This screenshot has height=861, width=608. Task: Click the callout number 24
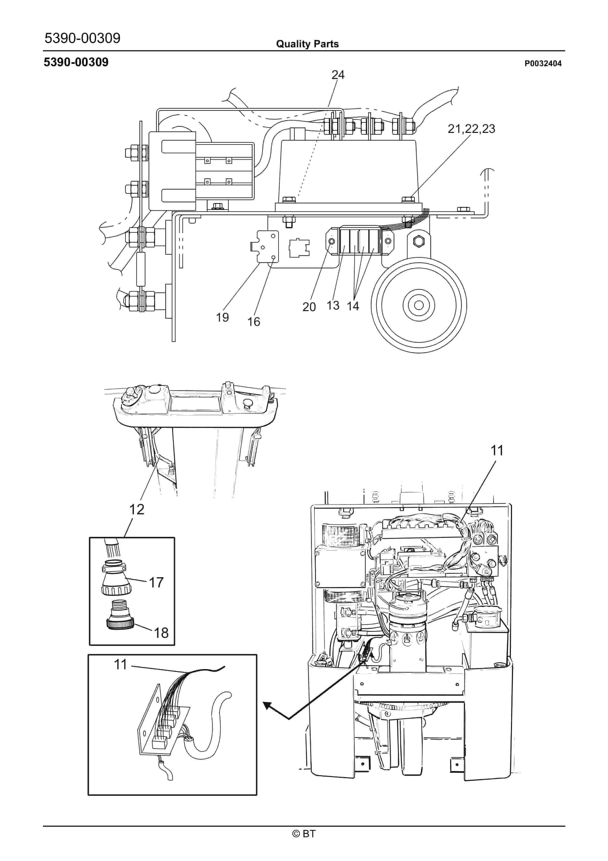tap(338, 75)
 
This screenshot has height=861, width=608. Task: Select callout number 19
tap(222, 318)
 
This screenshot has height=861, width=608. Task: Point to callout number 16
tap(254, 322)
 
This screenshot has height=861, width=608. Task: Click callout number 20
tap(309, 307)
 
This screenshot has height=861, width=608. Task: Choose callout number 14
tap(353, 306)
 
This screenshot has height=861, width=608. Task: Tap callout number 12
tap(137, 509)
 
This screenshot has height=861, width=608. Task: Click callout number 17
tap(156, 582)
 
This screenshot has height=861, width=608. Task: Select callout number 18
tap(161, 633)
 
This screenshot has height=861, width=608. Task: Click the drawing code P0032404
tap(543, 64)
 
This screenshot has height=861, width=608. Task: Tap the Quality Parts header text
tap(307, 44)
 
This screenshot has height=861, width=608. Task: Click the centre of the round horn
tap(419, 305)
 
